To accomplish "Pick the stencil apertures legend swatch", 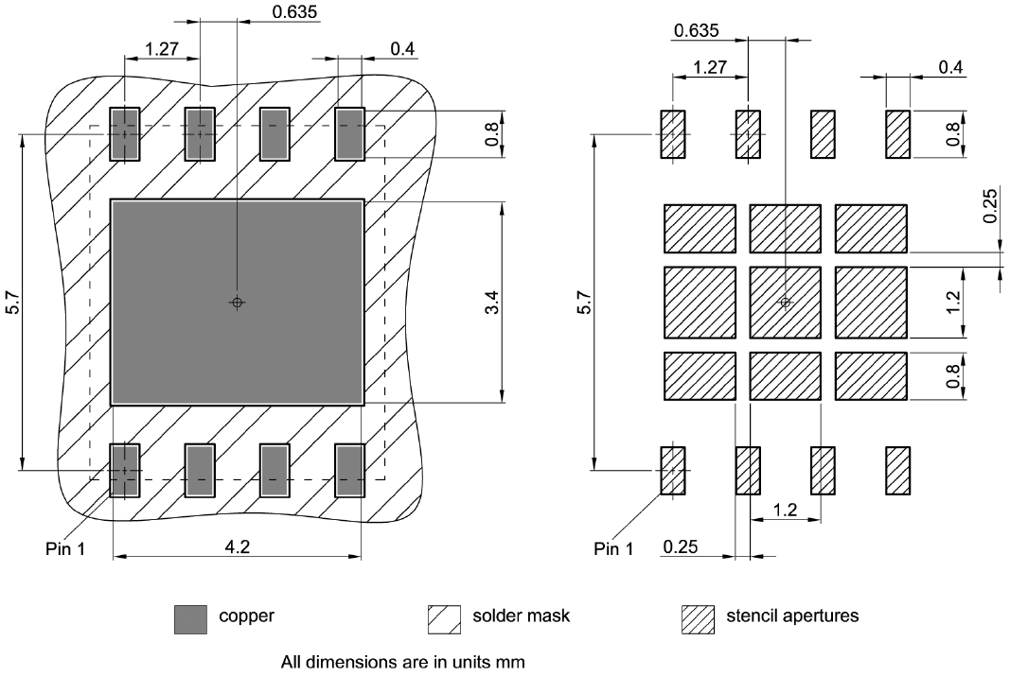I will tap(698, 618).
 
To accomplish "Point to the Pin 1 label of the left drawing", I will tap(65, 548).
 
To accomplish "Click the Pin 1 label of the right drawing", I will tap(613, 548).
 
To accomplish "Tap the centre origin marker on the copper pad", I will tap(237, 303).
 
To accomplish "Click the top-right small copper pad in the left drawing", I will tap(350, 132).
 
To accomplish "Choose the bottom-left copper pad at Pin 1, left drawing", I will tap(124, 471).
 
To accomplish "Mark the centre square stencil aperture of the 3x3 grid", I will tap(785, 303).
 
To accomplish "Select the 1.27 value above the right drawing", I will tap(710, 67).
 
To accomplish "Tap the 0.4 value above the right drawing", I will tap(950, 67).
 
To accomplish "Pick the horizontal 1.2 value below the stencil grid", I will tap(785, 511).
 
